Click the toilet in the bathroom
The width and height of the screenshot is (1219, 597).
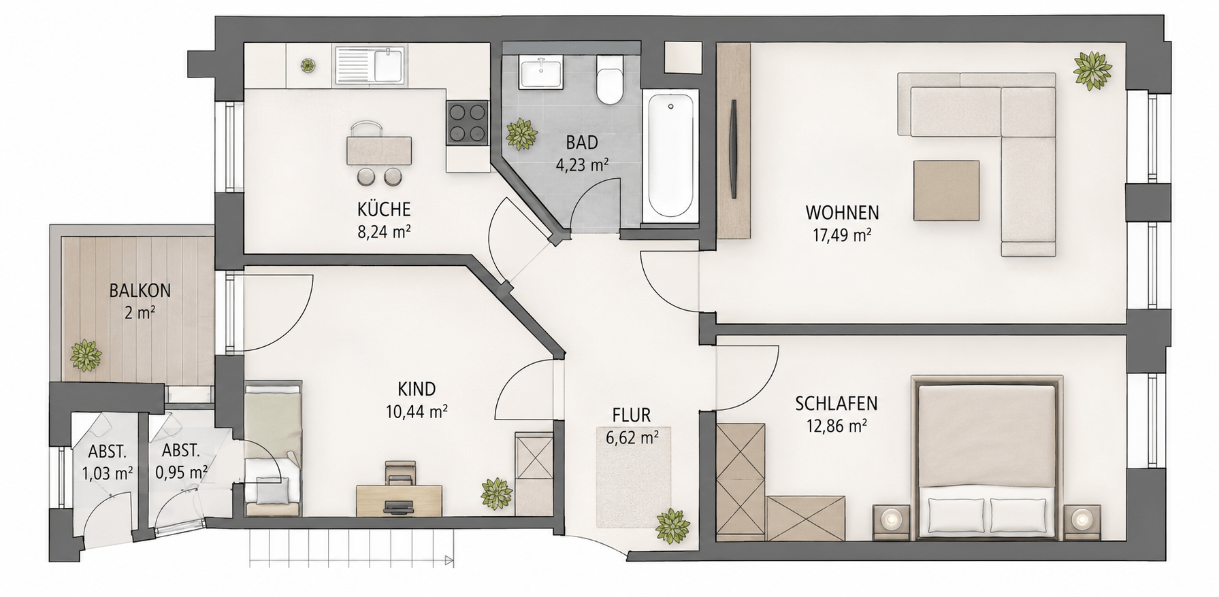pyautogui.click(x=609, y=80)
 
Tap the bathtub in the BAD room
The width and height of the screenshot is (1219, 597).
pyautogui.click(x=671, y=155)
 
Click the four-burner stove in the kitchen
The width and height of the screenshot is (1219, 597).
pyautogui.click(x=468, y=123)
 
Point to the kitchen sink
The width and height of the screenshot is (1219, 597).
pyautogui.click(x=369, y=66)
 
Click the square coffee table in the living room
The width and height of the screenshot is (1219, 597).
pyautogui.click(x=946, y=190)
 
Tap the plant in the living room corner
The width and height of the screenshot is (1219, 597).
pyautogui.click(x=1092, y=70)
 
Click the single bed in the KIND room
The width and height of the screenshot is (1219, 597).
pyautogui.click(x=272, y=449)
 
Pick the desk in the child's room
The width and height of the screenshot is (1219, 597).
pyautogui.click(x=399, y=500)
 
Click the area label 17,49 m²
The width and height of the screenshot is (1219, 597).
pyautogui.click(x=843, y=236)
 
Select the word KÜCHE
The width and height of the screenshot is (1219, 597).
pyautogui.click(x=384, y=209)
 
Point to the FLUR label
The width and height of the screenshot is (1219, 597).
pyautogui.click(x=631, y=415)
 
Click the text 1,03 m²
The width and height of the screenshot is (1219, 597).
pyautogui.click(x=107, y=473)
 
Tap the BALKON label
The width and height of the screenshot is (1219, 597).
pyautogui.click(x=140, y=291)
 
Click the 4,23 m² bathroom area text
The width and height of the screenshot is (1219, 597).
pyautogui.click(x=582, y=165)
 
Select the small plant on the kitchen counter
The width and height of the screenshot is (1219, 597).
pyautogui.click(x=308, y=65)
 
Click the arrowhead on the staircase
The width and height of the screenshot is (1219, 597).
pyautogui.click(x=449, y=561)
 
